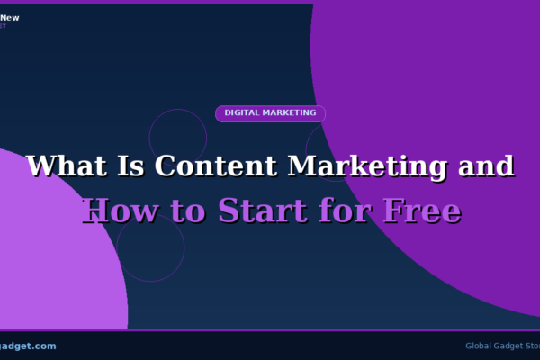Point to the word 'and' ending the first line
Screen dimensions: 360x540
tap(486, 166)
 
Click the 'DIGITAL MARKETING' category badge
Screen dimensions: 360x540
tap(270, 113)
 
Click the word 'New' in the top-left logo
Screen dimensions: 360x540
tap(10, 17)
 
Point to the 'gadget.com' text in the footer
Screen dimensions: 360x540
tap(27, 346)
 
